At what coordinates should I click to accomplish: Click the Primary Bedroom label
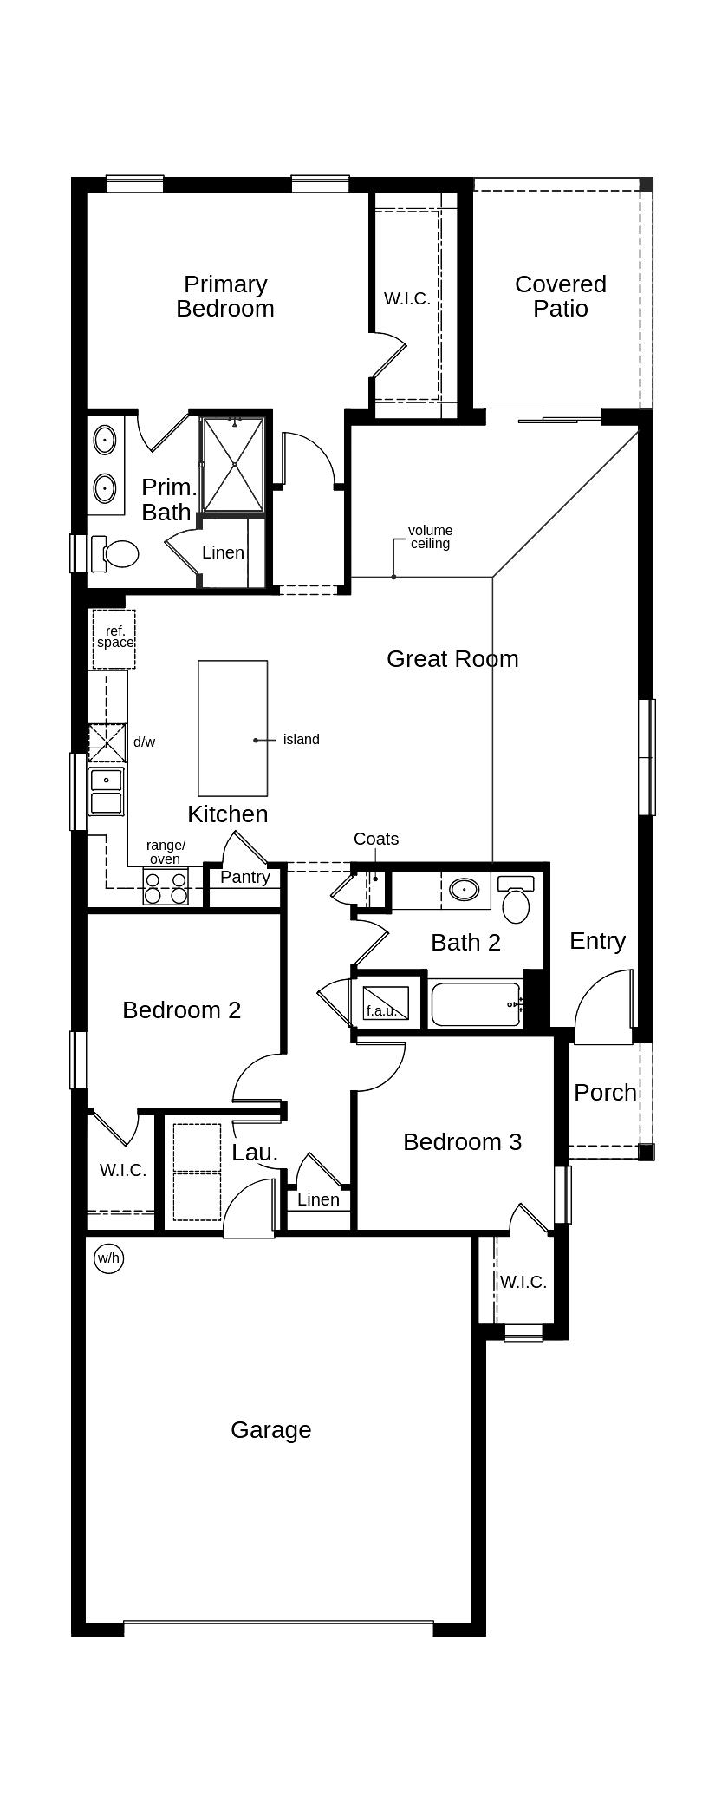pyautogui.click(x=225, y=297)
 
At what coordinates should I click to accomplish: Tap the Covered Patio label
pyautogui.click(x=560, y=297)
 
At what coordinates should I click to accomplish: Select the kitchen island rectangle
pyautogui.click(x=232, y=728)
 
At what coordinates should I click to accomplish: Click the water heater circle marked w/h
pyautogui.click(x=108, y=1258)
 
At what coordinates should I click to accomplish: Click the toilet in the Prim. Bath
pyautogui.click(x=115, y=553)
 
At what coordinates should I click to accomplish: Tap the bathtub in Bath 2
pyautogui.click(x=476, y=1003)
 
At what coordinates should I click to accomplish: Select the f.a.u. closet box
pyautogui.click(x=384, y=1004)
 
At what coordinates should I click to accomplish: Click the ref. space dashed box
pyautogui.click(x=114, y=638)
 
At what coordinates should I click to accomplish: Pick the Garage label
pyautogui.click(x=270, y=1430)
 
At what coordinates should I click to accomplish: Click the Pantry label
pyautogui.click(x=245, y=877)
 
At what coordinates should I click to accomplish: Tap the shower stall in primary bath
pyautogui.click(x=232, y=465)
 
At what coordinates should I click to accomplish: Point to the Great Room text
pyautogui.click(x=452, y=659)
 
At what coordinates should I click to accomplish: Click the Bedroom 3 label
pyautogui.click(x=462, y=1142)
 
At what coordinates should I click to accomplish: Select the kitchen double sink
pyautogui.click(x=106, y=792)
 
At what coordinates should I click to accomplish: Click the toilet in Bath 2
pyautogui.click(x=517, y=901)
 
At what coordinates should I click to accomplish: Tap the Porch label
pyautogui.click(x=605, y=1093)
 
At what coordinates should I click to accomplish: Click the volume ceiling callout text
pyautogui.click(x=430, y=537)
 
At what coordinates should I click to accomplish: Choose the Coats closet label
pyautogui.click(x=376, y=839)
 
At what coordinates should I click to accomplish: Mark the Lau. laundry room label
pyautogui.click(x=255, y=1153)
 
